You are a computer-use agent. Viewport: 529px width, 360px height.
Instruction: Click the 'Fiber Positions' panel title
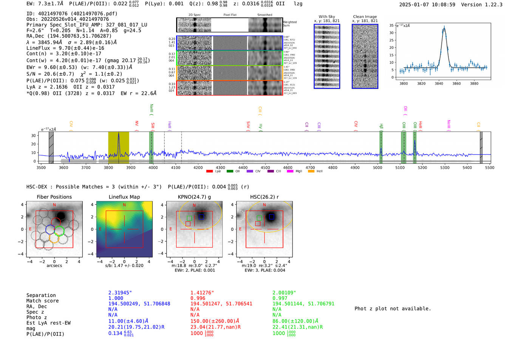tap(54, 197)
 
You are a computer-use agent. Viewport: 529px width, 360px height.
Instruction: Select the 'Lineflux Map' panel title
tap(124, 197)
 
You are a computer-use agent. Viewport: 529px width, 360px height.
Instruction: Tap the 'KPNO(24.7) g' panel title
tap(194, 197)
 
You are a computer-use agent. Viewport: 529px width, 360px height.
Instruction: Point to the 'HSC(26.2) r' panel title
tap(264, 197)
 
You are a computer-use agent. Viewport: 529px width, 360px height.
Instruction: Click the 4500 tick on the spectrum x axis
tap(265, 167)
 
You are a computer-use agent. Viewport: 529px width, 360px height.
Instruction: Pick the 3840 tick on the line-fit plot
tap(439, 83)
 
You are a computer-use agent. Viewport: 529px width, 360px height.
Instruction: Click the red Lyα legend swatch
tap(209, 172)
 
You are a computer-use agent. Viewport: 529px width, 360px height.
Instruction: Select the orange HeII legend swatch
tap(311, 172)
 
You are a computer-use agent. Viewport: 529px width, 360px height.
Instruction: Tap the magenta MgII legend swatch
tap(290, 172)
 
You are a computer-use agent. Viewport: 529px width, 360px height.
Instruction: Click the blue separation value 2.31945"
tap(120, 293)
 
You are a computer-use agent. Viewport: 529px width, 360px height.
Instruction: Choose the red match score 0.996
tap(198, 298)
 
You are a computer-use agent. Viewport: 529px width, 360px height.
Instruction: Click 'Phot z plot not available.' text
tap(393, 309)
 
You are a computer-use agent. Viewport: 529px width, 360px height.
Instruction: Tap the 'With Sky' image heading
tap(326, 17)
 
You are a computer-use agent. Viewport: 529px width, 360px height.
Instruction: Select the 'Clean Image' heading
tap(365, 17)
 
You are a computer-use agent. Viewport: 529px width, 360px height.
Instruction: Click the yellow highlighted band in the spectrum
tap(118, 147)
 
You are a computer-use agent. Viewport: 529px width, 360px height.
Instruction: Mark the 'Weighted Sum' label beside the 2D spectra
tap(289, 23)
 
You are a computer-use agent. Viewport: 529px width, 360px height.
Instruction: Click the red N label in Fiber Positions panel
tap(54, 205)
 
